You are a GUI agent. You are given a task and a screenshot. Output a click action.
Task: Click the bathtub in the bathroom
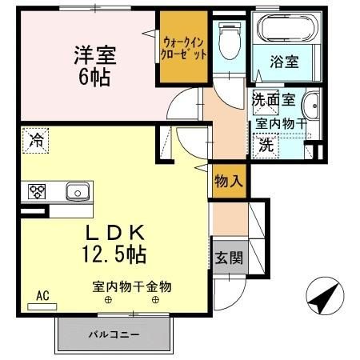tap(287, 28)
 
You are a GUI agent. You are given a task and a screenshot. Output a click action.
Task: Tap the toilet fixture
tap(230, 41)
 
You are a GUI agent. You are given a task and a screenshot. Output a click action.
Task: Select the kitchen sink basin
tap(78, 191)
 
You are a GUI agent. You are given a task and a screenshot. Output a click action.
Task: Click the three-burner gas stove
tap(37, 191)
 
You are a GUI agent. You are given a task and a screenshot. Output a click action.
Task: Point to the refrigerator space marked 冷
tap(35, 141)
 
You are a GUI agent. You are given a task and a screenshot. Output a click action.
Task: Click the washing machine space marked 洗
tap(266, 146)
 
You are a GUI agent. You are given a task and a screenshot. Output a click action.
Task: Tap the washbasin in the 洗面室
tap(311, 106)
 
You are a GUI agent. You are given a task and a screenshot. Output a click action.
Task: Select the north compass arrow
tap(325, 296)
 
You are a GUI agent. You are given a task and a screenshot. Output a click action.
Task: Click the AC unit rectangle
tap(42, 306)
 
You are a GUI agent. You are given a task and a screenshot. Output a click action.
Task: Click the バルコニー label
tap(114, 334)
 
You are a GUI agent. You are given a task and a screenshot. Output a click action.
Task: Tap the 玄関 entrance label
tap(229, 258)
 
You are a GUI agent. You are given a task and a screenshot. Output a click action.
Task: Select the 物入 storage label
tap(229, 181)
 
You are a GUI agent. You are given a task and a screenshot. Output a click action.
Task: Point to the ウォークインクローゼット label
tap(184, 48)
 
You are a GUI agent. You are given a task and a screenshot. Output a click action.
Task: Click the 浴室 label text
tap(284, 62)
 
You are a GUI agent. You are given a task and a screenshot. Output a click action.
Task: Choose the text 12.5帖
tap(114, 254)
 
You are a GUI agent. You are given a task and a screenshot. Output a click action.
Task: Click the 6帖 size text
tap(94, 77)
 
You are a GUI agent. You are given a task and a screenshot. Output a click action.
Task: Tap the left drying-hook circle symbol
tap(108, 300)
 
